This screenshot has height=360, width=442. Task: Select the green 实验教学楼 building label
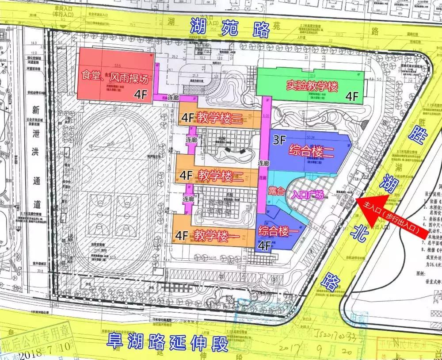click(312, 86)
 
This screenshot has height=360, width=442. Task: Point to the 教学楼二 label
click(220, 176)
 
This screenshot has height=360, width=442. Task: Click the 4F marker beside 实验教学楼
click(352, 96)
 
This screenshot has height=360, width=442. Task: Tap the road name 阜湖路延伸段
click(167, 341)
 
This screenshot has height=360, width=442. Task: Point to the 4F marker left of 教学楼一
click(183, 236)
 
